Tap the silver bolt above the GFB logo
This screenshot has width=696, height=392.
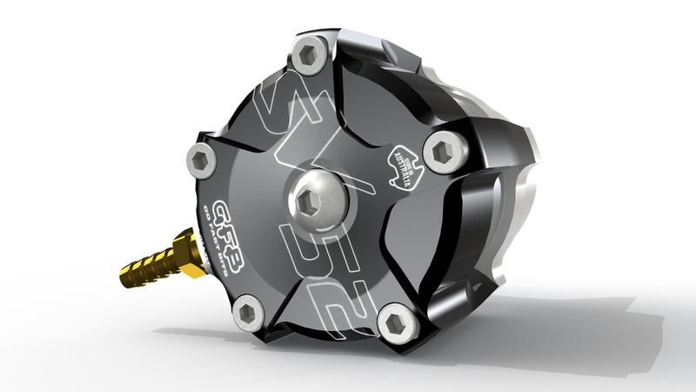[202, 160]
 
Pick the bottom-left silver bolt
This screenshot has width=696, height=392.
[249, 311]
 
